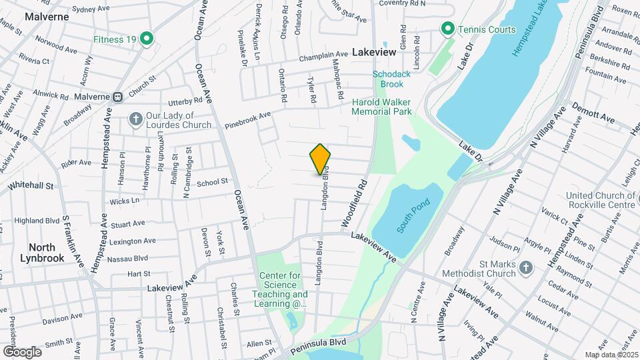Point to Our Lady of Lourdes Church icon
pyautogui.click(x=135, y=119)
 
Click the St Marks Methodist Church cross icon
pyautogui.click(x=525, y=268)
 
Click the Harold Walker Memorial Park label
pyautogui.click(x=382, y=107)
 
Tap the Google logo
pyautogui.click(x=21, y=351)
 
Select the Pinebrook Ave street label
pyautogui.click(x=248, y=119)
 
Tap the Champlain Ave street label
pyautogui.click(x=324, y=54)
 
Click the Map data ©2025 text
pyautogui.click(x=610, y=355)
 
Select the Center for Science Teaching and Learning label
pyautogui.click(x=280, y=289)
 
